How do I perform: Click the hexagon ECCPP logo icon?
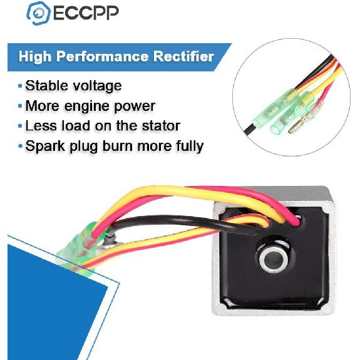(x=38, y=13)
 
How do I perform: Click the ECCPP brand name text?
(x=86, y=13)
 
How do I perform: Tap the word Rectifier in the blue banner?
(x=183, y=56)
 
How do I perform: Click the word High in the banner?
(x=35, y=57)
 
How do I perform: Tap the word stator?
(x=161, y=126)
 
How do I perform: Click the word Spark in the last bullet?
(x=45, y=147)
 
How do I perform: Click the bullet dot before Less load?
(x=21, y=126)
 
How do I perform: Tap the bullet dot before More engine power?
(x=21, y=106)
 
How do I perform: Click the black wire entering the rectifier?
(x=183, y=222)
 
